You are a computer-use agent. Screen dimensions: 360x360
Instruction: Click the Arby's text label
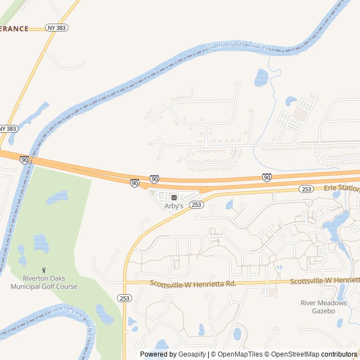tap(174, 206)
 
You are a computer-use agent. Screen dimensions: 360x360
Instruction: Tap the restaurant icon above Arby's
tap(174, 197)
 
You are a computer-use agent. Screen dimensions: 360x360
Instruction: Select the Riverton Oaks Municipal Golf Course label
tap(44, 282)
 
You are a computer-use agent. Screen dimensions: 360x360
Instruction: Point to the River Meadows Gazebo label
tap(323, 307)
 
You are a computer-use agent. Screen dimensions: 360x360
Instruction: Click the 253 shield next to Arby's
tap(196, 205)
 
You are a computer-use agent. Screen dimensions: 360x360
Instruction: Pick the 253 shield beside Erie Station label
tap(306, 189)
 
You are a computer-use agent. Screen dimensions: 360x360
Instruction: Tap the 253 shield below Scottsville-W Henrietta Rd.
tap(125, 298)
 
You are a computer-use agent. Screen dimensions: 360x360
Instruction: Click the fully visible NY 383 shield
tap(56, 28)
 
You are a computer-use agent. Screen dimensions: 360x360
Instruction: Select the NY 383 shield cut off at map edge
tap(8, 129)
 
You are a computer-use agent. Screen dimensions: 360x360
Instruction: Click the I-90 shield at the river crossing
tap(24, 160)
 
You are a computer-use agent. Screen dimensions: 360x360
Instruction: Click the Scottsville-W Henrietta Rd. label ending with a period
tap(193, 283)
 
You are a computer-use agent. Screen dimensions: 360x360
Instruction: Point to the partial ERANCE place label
tap(14, 29)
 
